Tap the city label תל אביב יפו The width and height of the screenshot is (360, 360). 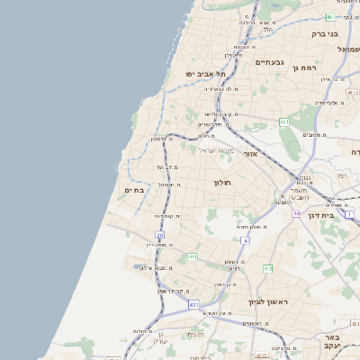204,73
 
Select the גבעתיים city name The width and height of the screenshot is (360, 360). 269,62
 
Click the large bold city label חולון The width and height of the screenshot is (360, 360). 222,183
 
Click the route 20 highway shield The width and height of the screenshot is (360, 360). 160,235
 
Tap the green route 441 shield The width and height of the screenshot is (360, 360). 192,257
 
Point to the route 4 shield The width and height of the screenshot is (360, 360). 245,241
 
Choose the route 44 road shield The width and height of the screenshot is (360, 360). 296,214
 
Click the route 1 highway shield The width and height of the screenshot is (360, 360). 348,214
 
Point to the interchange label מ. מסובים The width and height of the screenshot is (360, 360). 316,135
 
